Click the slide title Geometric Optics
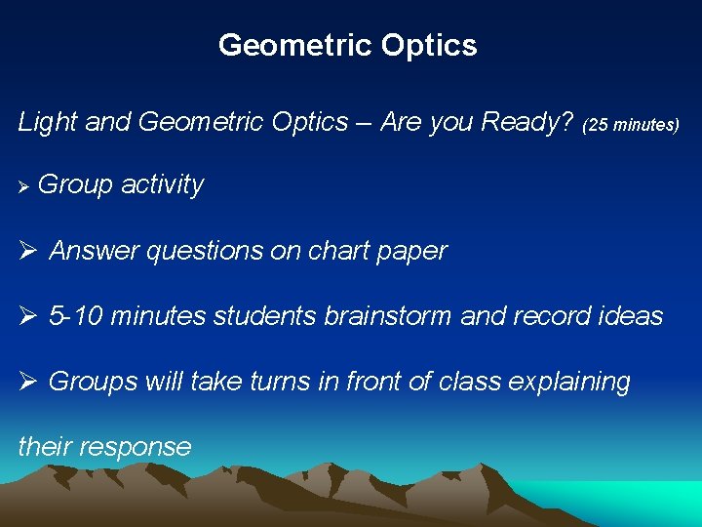tap(348, 45)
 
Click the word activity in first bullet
tap(162, 185)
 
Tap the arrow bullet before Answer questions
tap(27, 251)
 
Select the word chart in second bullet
tap(340, 251)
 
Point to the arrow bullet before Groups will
tap(27, 382)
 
